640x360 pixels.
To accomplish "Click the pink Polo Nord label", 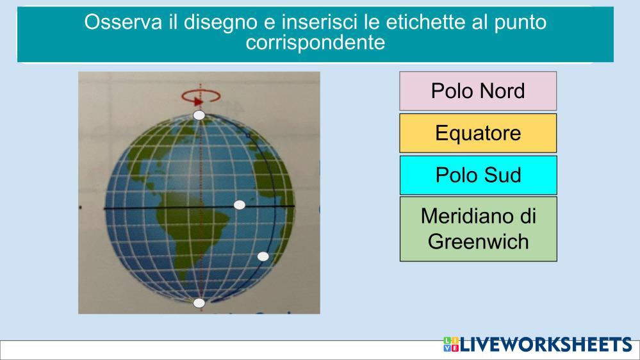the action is point(478,91).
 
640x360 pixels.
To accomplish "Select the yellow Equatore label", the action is point(478,133).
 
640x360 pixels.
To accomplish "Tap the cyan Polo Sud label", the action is point(478,175).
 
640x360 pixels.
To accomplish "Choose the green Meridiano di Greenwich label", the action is point(478,229).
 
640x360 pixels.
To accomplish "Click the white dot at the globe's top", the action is point(199,115).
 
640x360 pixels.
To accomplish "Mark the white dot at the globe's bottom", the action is point(199,303).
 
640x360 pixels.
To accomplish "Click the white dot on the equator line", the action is point(240,205).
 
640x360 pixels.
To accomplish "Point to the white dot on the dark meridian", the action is point(263,256).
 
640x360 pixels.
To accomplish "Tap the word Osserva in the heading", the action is point(123,22).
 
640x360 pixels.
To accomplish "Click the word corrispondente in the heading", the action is point(315,42).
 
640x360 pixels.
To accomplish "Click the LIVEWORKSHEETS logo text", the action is point(546,345).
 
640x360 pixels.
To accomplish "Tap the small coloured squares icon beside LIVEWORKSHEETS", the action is point(451,345).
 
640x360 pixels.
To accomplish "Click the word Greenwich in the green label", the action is point(479,241).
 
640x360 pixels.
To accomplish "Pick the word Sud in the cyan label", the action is point(502,175).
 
